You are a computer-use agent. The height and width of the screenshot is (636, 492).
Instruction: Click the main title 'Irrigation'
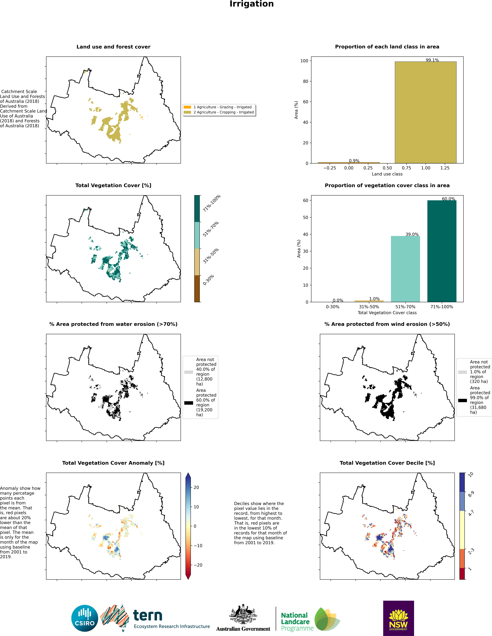[x=252, y=4]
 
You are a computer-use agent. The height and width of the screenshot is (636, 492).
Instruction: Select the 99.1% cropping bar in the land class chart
[x=425, y=112]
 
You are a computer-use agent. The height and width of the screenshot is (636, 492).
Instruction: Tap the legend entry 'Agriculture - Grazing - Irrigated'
[x=222, y=107]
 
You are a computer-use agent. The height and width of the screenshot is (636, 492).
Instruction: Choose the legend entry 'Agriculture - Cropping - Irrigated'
[x=224, y=112]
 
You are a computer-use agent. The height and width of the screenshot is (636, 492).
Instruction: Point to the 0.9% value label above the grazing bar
[x=354, y=161]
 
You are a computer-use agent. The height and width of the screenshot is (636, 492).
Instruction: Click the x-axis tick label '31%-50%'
[x=369, y=307]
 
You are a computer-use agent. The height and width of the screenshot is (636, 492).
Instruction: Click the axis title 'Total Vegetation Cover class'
[x=387, y=313]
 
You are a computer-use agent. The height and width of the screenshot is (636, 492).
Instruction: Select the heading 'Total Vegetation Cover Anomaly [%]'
[x=113, y=463]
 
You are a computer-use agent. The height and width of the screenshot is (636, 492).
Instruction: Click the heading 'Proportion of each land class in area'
[x=387, y=47]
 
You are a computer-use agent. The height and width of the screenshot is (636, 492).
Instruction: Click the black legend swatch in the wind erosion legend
[x=462, y=400]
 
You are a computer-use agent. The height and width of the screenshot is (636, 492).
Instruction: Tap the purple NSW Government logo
[x=398, y=618]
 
